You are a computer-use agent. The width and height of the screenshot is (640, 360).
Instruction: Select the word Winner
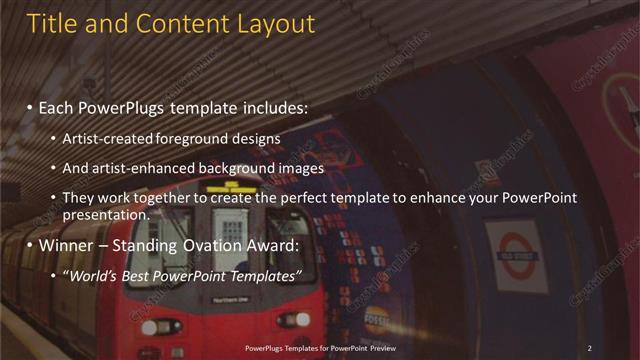click(x=71, y=244)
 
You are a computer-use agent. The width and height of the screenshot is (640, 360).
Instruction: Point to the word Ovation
click(x=210, y=244)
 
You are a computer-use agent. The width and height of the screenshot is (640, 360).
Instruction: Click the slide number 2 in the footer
click(x=589, y=347)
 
